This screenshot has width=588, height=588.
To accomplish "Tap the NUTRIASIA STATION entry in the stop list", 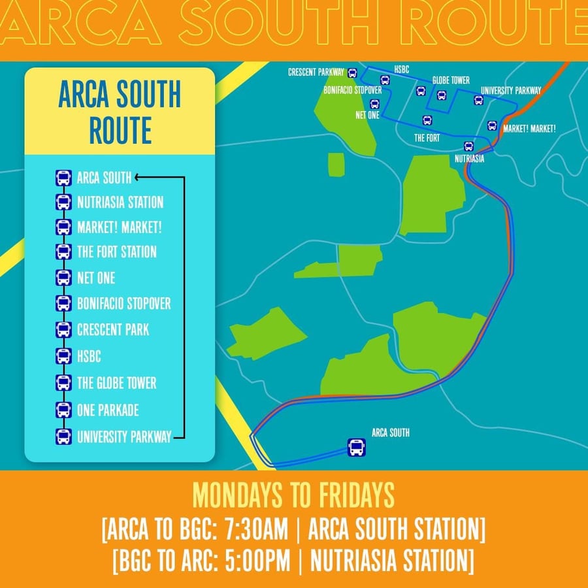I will [120, 203].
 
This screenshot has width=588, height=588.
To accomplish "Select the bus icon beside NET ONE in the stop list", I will [63, 278].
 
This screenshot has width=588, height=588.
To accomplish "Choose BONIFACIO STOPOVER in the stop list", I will [123, 304].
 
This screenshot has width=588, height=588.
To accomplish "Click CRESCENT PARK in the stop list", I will [112, 329].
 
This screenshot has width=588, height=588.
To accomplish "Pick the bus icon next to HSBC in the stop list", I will [63, 356].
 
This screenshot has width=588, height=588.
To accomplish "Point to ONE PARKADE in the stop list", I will [108, 410].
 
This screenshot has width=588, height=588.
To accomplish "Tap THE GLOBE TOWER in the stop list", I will [116, 383].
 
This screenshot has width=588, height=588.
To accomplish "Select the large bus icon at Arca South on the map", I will [357, 448].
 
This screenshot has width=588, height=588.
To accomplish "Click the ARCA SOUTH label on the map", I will [391, 433].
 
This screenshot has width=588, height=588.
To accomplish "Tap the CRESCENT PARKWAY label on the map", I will [316, 73].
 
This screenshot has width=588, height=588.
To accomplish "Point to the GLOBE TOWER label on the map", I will [451, 80].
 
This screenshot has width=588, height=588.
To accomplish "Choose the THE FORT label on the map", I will [427, 138].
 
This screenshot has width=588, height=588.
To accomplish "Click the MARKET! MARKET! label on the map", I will [529, 129].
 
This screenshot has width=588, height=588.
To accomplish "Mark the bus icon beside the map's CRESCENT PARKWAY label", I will [353, 73].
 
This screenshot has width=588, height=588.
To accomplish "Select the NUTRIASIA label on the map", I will [470, 159].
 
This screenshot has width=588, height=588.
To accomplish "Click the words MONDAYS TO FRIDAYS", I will [293, 496].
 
